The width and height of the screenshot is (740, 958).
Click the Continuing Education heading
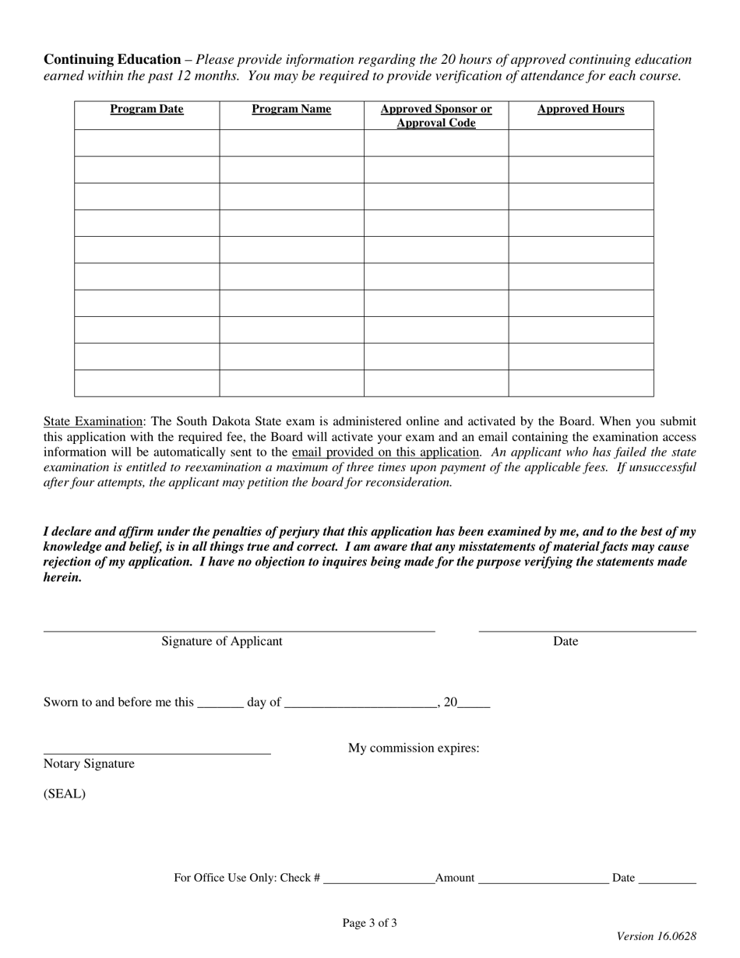(112, 60)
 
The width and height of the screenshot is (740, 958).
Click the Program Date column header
(146, 109)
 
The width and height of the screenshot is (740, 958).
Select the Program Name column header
(291, 109)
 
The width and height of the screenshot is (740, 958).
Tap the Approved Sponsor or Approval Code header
(436, 115)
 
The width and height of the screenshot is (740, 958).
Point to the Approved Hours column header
(581, 109)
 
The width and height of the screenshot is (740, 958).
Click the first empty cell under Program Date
(146, 143)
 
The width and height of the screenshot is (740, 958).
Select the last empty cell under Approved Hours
(581, 383)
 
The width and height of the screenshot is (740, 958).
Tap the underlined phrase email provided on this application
(386, 453)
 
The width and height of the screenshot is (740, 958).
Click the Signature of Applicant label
(222, 642)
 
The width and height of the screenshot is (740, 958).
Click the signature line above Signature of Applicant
(238, 629)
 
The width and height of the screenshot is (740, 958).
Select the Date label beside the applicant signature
(566, 642)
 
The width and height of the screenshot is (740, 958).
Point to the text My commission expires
(414, 748)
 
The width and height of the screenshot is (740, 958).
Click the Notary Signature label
(89, 764)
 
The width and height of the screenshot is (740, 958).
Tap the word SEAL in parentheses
(65, 794)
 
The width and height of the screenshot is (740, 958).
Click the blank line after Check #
(379, 880)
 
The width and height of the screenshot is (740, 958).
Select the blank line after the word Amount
(543, 880)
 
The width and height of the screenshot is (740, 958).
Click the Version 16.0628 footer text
(656, 937)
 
